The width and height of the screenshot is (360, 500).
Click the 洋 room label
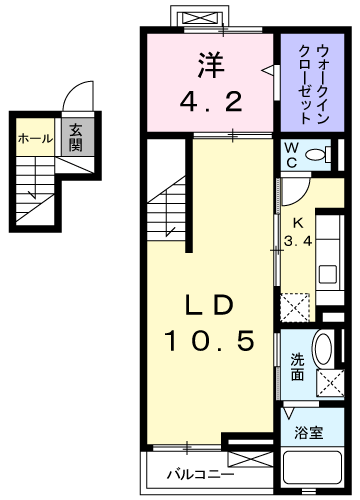coord(211,65)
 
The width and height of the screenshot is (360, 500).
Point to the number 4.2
coord(211,101)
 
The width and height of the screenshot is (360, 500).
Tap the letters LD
coord(209,305)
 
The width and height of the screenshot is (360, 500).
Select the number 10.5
coord(210,341)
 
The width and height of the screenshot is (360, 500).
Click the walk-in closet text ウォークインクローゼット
coord(314,84)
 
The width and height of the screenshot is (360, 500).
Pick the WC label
coord(291,155)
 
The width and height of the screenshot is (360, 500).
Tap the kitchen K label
coord(298,223)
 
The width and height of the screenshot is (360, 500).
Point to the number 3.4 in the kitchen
coord(298,240)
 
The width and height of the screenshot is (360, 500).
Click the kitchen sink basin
coord(327,275)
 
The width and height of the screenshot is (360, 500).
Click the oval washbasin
coord(323,347)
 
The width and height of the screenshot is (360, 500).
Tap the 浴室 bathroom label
coord(309,433)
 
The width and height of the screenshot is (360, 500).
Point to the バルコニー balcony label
coord(201,474)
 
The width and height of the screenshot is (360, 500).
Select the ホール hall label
coord(35,139)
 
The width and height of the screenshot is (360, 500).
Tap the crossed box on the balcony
coord(250,459)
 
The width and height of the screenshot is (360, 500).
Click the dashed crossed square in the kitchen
coord(295,307)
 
